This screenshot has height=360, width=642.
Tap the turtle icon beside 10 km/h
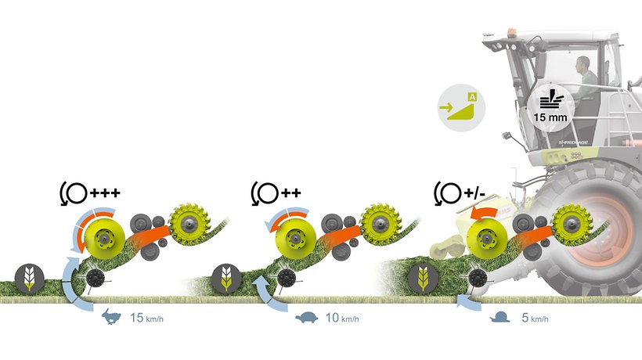tap(307, 318)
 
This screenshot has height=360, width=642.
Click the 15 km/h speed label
tap(146, 318)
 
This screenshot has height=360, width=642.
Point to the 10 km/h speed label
tap(341, 318)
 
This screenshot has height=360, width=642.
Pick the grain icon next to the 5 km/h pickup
tap(421, 278)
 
